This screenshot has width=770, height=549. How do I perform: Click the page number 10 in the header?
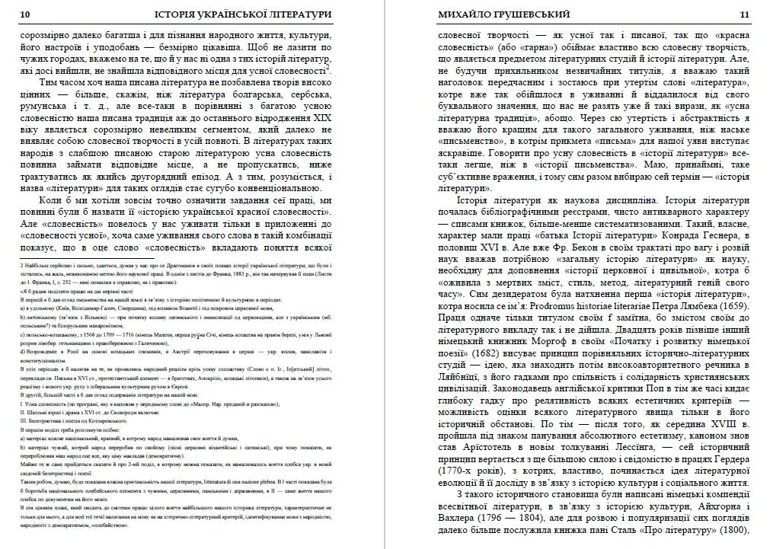tap(24, 14)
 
